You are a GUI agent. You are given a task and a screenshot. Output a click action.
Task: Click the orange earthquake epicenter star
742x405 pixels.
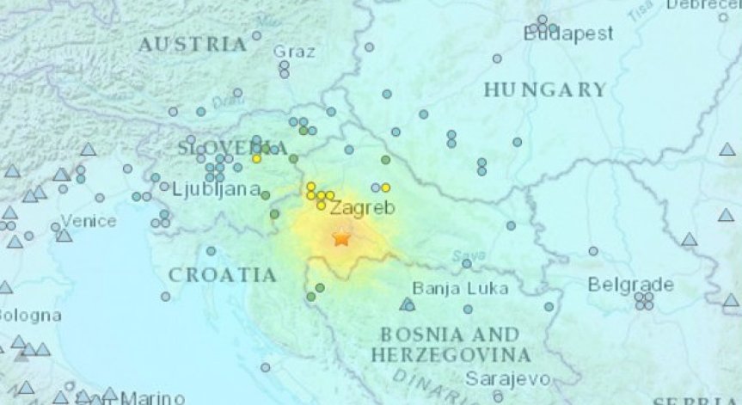[x=341, y=237]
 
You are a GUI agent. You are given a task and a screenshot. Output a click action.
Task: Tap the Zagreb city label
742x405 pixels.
[x=362, y=207]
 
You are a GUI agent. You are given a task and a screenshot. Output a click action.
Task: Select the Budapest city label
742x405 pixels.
[x=568, y=34]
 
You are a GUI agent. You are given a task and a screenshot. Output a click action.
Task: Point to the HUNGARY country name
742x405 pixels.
[x=544, y=89]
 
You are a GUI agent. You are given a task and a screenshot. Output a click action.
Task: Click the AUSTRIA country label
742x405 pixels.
[x=192, y=44]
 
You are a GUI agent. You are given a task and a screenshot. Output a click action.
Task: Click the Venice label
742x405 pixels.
[x=89, y=221]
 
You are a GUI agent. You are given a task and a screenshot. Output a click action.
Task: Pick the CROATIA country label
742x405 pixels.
[x=223, y=275]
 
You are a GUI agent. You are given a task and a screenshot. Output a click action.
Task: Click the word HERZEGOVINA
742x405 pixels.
[x=451, y=354]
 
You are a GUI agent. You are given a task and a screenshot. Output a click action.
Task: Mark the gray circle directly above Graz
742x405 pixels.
[x=256, y=36]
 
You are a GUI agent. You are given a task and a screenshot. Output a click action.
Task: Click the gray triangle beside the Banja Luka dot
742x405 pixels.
[x=405, y=304]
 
